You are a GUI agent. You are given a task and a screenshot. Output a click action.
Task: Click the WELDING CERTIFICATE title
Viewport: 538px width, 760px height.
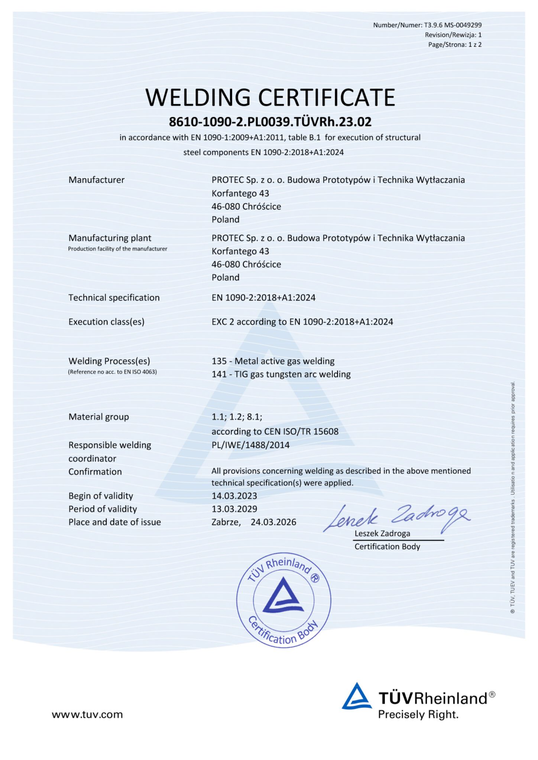click(x=270, y=98)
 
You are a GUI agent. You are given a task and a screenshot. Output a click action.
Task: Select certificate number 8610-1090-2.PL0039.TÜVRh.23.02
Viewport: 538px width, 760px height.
click(x=270, y=122)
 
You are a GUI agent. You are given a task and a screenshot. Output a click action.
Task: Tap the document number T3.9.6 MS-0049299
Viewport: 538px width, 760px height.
click(x=453, y=25)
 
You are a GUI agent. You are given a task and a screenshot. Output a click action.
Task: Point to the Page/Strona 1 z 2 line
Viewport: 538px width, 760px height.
click(x=455, y=45)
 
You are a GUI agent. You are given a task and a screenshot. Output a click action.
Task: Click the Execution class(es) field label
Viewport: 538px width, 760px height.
click(x=106, y=322)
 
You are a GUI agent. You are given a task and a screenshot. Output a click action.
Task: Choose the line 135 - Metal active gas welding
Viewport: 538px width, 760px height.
click(x=273, y=361)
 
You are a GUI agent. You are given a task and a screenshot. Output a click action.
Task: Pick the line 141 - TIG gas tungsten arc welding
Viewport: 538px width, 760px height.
click(x=281, y=374)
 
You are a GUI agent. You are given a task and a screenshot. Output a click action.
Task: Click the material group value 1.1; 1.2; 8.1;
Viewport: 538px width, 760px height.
click(x=237, y=417)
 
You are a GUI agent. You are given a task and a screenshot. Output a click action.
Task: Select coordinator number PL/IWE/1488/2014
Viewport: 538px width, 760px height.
click(x=250, y=445)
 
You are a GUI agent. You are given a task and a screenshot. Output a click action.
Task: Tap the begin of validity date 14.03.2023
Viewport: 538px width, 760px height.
click(x=234, y=496)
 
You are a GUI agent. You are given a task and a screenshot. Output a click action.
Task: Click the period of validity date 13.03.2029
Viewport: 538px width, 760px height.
click(x=234, y=509)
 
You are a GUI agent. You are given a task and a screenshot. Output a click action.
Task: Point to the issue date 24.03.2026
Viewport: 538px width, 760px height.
click(x=273, y=522)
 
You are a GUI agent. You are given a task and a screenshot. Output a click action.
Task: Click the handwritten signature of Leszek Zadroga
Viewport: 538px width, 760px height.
click(x=396, y=517)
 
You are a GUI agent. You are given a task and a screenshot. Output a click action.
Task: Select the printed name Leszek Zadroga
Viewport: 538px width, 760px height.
click(x=382, y=534)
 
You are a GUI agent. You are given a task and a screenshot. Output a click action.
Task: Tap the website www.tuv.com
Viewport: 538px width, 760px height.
click(x=87, y=714)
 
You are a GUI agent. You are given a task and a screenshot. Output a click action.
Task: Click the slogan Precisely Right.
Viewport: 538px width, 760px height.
click(x=418, y=714)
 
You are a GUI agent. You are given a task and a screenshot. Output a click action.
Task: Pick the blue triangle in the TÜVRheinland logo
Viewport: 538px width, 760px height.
click(x=356, y=697)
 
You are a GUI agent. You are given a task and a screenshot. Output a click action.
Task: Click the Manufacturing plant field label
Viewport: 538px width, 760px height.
click(x=110, y=238)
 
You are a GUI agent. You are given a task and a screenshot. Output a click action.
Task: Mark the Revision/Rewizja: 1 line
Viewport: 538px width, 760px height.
click(x=453, y=35)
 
